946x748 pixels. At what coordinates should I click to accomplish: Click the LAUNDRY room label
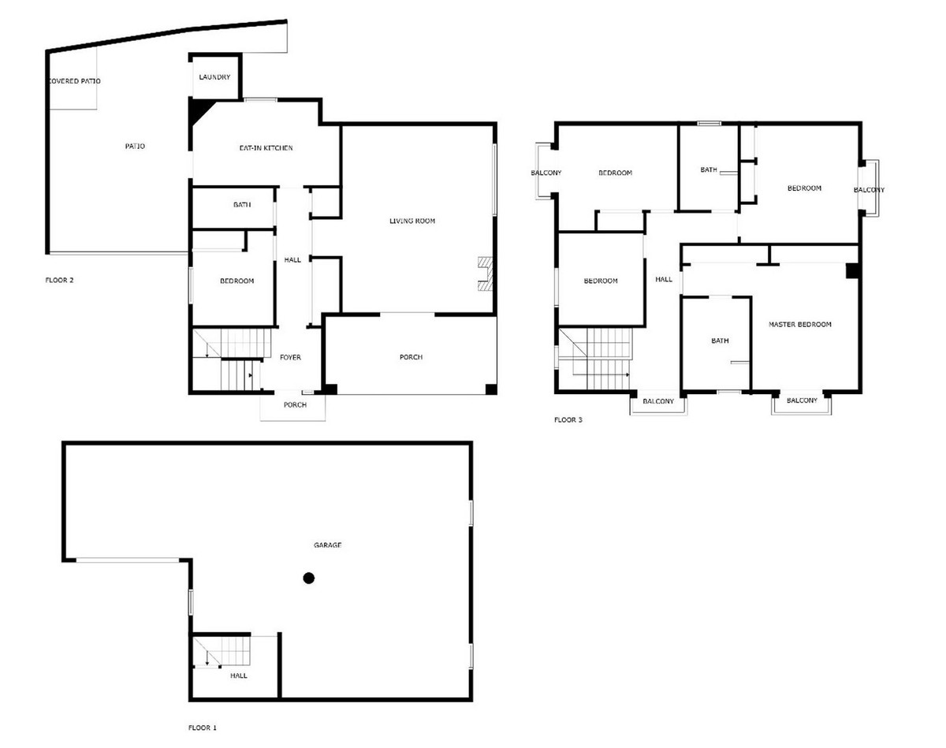point(214,77)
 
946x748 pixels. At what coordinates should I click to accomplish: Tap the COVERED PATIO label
point(74,81)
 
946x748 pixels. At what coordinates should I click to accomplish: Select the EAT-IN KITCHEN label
point(266,148)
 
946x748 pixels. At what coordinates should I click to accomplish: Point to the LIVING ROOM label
point(412,221)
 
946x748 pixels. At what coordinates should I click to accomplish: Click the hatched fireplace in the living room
point(486,274)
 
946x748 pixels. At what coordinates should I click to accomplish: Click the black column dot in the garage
point(308,579)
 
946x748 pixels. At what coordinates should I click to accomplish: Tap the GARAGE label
point(327,545)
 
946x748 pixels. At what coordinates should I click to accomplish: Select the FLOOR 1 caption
point(203,728)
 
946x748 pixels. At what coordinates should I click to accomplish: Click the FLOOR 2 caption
point(59,281)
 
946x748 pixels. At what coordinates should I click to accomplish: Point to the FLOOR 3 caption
point(568,420)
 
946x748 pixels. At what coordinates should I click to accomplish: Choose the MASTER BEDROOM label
point(799,325)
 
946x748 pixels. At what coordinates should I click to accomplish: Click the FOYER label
point(291,358)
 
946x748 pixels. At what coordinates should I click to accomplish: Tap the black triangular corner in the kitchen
point(199,110)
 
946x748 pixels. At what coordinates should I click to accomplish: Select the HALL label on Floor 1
point(239,676)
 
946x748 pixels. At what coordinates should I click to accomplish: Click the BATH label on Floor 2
point(242,205)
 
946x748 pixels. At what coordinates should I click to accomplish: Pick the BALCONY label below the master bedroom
point(802,401)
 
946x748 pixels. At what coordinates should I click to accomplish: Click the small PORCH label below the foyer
point(295,405)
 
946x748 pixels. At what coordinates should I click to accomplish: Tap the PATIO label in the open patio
point(135,147)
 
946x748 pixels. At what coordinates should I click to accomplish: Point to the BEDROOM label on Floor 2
point(237,281)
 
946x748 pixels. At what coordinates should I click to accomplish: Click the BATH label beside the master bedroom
point(720,341)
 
